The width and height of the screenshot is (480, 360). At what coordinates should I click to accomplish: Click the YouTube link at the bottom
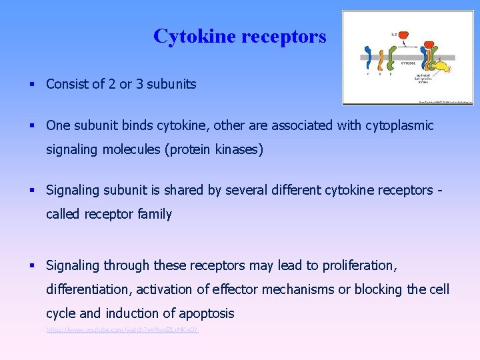tap(122, 330)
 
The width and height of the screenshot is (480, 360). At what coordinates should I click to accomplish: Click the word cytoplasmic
tap(400, 125)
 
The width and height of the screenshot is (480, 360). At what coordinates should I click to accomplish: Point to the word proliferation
tap(360, 265)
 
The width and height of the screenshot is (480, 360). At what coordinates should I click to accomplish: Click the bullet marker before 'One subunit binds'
tap(32, 126)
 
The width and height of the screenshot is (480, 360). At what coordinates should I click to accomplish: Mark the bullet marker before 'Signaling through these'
tap(32, 266)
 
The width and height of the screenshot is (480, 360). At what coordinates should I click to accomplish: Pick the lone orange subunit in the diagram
tap(381, 59)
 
